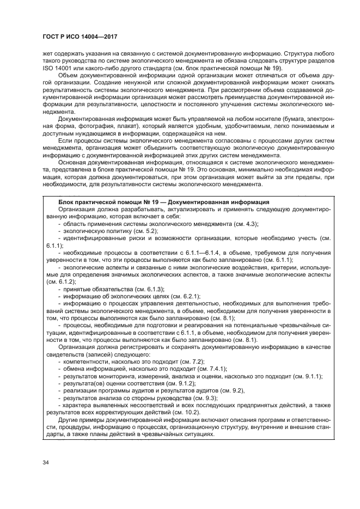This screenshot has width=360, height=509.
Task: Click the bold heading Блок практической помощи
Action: (101, 202)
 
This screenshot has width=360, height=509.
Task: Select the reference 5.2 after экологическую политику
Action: (148, 231)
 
